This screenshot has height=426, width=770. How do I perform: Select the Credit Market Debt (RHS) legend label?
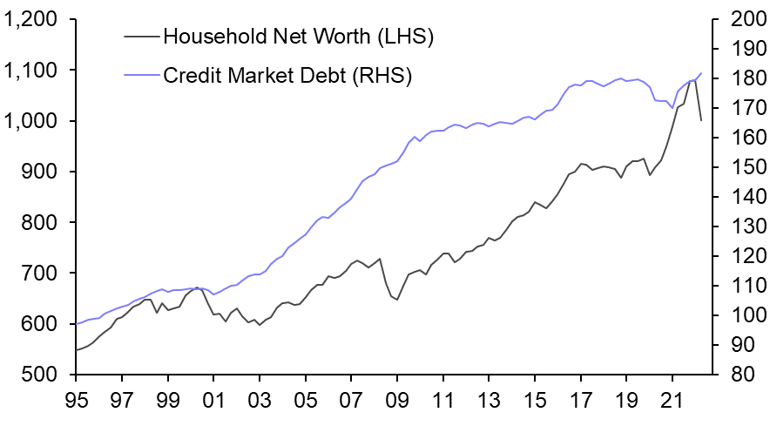tap(287, 76)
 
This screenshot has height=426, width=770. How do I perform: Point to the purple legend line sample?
tap(142, 76)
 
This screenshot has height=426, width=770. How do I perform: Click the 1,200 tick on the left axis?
tap(33, 19)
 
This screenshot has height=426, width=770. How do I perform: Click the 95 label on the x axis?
tap(77, 405)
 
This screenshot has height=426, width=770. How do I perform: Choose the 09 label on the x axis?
tap(397, 405)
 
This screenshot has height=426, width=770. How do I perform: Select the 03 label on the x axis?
tap(260, 405)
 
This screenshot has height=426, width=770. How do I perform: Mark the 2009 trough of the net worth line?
tap(397, 300)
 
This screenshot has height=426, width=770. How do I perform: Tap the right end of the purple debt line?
tap(702, 73)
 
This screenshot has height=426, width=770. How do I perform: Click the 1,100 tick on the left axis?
tap(33, 70)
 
